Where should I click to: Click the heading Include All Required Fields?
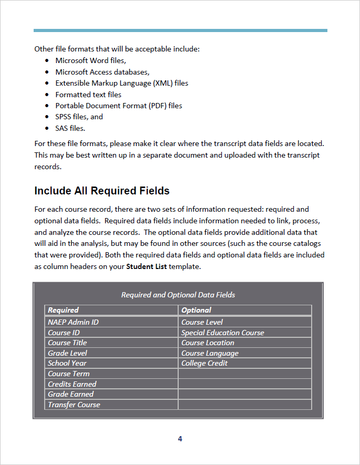tap(101, 190)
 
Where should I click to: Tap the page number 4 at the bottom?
tap(180, 439)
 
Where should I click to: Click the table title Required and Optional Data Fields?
tap(178, 295)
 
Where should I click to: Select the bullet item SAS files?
tap(70, 128)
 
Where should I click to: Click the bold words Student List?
tap(146, 266)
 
